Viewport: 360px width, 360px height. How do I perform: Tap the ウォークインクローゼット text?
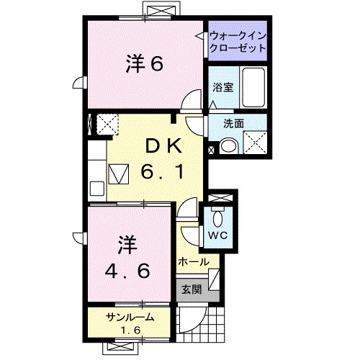(x=237, y=41)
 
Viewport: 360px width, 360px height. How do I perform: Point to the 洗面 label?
(x=232, y=123)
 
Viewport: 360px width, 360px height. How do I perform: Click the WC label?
(x=219, y=234)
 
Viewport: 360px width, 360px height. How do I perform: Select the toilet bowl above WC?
(x=219, y=215)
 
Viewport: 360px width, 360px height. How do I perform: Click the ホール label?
(x=192, y=261)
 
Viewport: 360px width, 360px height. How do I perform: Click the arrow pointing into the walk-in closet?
(x=199, y=35)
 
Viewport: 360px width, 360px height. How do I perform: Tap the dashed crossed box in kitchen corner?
(x=109, y=125)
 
